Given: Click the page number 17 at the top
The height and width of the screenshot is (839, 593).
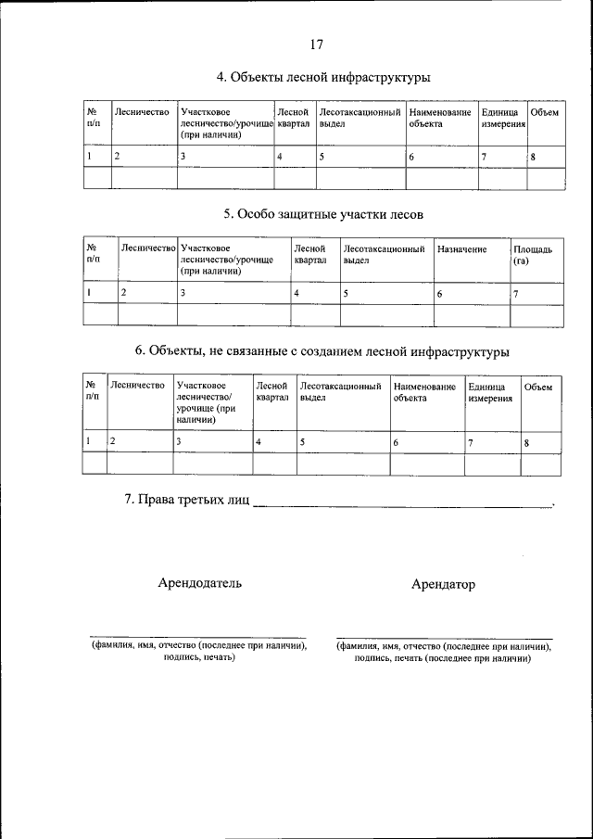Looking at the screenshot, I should (x=317, y=44).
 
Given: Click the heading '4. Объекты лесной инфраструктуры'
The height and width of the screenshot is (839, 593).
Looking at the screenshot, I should (x=323, y=77).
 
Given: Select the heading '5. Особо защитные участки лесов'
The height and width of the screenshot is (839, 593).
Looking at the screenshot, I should (x=323, y=214).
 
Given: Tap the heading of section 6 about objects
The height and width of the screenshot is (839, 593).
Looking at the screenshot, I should (x=322, y=351).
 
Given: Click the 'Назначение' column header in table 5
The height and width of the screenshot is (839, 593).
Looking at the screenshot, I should (x=462, y=249).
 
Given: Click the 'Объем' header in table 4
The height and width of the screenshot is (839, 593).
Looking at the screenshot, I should (x=544, y=112).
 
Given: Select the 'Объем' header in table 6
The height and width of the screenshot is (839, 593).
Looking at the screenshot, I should (x=537, y=387).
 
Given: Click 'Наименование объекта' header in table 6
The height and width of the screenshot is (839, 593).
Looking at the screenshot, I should (x=424, y=392).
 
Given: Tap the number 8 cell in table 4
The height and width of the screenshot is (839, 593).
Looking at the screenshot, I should (x=534, y=157).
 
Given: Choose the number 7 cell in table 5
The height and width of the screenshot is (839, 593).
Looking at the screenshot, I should (x=516, y=293).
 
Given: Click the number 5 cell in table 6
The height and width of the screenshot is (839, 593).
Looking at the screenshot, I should (x=303, y=443).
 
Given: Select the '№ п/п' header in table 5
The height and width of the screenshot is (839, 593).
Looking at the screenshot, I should (x=93, y=255).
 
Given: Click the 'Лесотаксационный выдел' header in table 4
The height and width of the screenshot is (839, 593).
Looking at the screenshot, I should (x=359, y=118).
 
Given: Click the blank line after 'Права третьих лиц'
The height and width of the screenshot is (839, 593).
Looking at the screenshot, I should (x=402, y=506).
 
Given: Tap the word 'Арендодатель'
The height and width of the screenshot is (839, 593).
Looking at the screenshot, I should (x=200, y=583).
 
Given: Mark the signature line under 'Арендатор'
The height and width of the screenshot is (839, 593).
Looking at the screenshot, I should (x=444, y=638).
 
